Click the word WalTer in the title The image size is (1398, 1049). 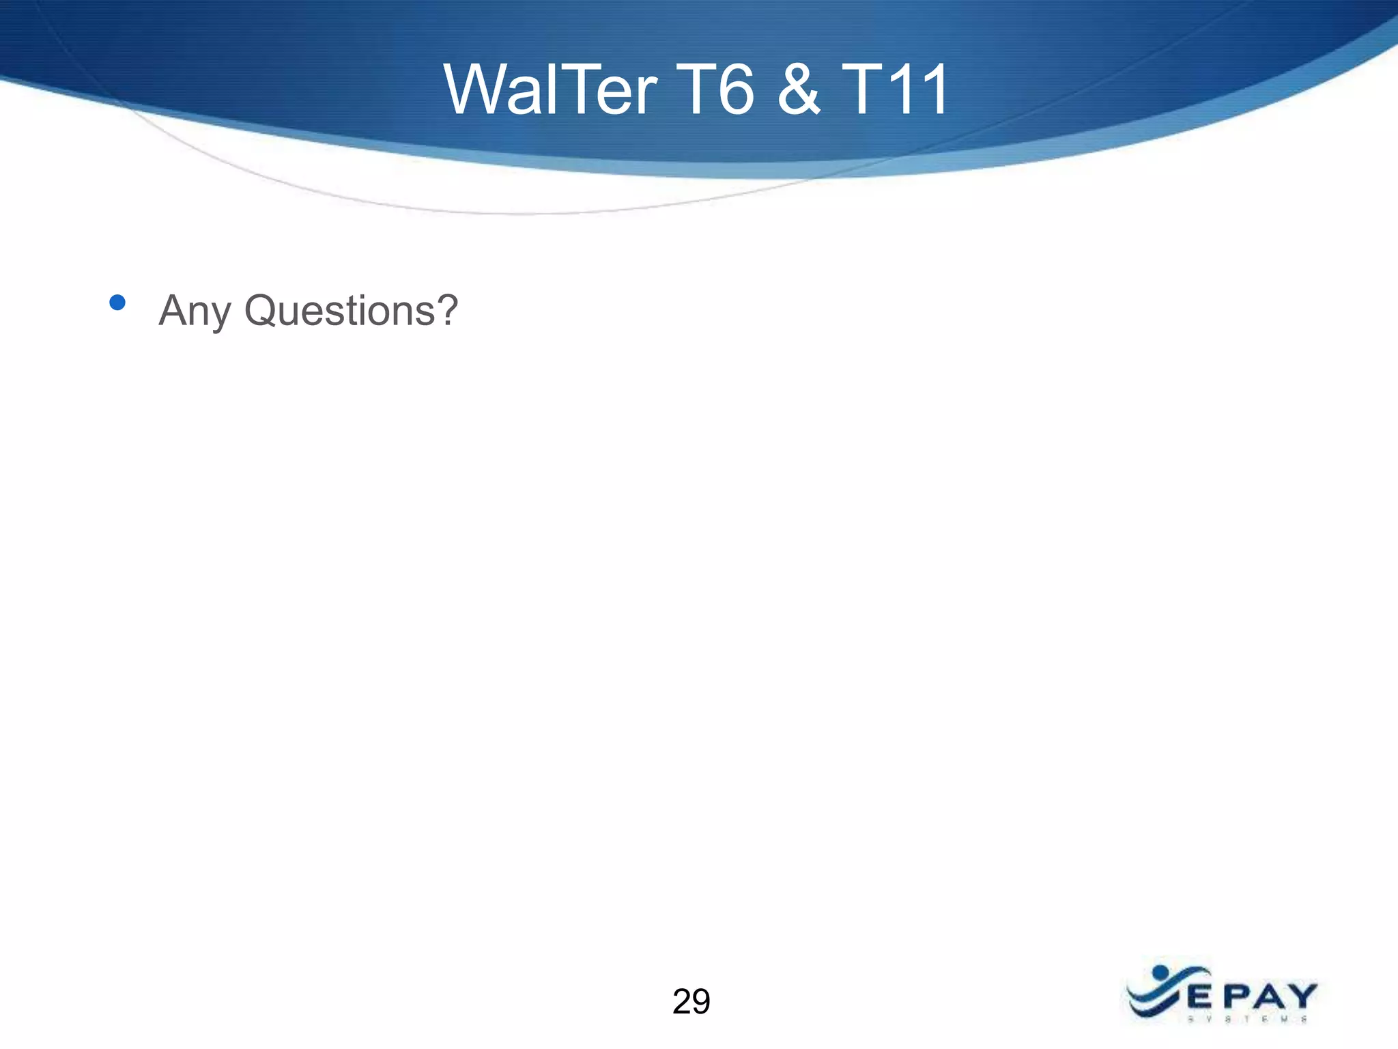click(550, 89)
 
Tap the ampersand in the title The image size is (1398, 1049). click(798, 89)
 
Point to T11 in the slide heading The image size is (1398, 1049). click(894, 89)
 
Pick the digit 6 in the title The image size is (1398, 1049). click(735, 91)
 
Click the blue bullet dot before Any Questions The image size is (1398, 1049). click(117, 303)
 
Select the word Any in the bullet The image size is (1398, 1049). click(194, 311)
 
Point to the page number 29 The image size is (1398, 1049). click(691, 1002)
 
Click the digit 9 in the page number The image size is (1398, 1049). click(701, 1002)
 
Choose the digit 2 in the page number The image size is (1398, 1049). click(681, 1002)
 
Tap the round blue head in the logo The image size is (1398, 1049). click(1160, 972)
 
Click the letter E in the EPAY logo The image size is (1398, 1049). click(1199, 998)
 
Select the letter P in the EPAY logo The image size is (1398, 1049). click(1233, 998)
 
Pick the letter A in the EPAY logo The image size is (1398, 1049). click(1267, 998)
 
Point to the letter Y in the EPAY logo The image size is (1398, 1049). click(1301, 998)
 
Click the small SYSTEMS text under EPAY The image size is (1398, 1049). click(1247, 1020)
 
